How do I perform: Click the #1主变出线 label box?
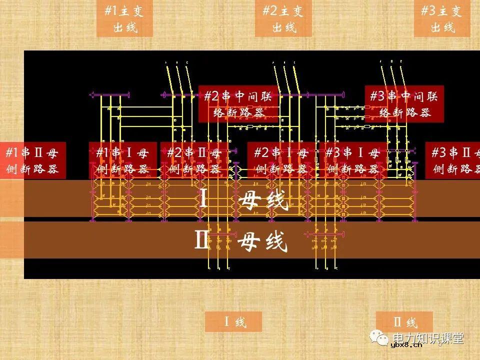click(124, 18)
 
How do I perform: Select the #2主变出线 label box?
click(283, 18)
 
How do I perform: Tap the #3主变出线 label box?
click(441, 18)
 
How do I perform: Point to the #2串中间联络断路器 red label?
click(238, 104)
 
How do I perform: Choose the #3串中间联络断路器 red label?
click(404, 104)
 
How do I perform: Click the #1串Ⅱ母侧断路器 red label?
click(32, 160)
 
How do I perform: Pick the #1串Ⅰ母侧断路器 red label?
click(123, 160)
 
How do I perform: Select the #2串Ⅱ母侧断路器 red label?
click(194, 160)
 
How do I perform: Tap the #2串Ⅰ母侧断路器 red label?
click(281, 160)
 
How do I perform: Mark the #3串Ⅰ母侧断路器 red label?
click(352, 160)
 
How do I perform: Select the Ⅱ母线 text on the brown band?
click(241, 241)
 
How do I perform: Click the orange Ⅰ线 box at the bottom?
click(233, 321)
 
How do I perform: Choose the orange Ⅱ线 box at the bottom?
click(404, 321)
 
